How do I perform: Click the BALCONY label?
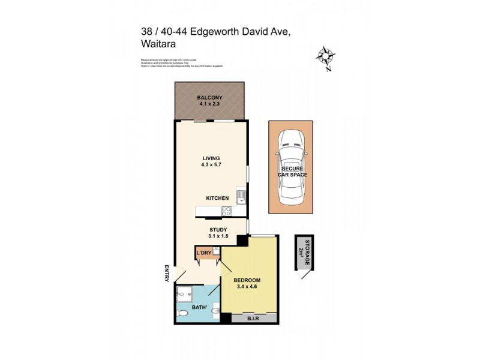click(210, 97)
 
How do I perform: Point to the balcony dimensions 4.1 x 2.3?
click(210, 104)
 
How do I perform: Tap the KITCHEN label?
click(217, 198)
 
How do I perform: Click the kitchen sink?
click(241, 196)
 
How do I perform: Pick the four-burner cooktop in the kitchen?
click(227, 211)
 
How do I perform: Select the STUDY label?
click(217, 229)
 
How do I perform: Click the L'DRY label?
click(204, 253)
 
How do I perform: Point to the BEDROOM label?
click(247, 280)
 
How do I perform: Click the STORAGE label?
click(307, 250)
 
